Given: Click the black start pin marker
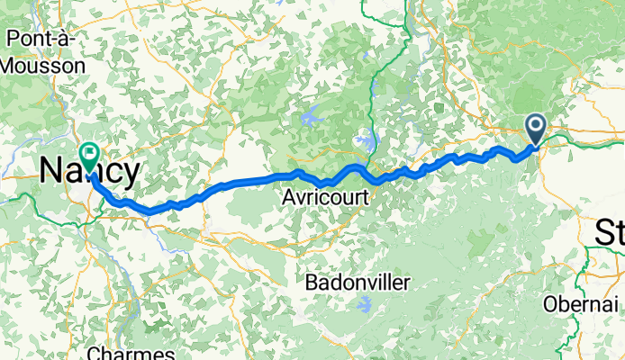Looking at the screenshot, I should pyautogui.click(x=536, y=129).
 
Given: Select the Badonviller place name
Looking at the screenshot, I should pyautogui.click(x=357, y=283).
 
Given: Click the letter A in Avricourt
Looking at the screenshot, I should pyautogui.click(x=288, y=195).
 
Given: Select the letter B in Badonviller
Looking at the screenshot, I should pyautogui.click(x=311, y=283).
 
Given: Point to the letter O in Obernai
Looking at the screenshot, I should pyautogui.click(x=549, y=304).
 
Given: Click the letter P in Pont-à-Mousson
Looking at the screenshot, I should pyautogui.click(x=13, y=38).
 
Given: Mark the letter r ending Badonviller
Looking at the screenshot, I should pyautogui.click(x=406, y=283).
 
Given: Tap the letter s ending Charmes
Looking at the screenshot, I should pyautogui.click(x=170, y=353).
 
